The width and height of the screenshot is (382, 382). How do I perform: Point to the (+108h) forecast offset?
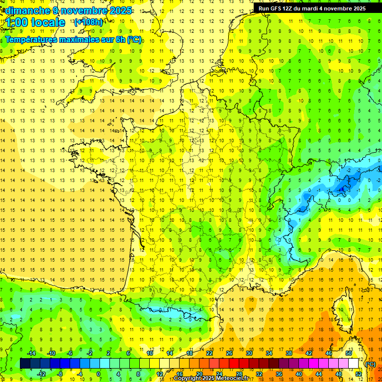tap(88, 22)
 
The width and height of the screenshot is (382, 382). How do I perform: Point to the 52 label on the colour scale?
tap(358, 374)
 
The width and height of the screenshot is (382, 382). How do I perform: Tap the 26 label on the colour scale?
tap(229, 353)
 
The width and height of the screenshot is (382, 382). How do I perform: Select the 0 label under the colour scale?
tap(98, 374)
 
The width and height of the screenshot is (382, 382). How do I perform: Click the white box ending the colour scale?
tap(353, 364)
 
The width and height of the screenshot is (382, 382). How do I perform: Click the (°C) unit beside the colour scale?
tap(371, 364)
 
